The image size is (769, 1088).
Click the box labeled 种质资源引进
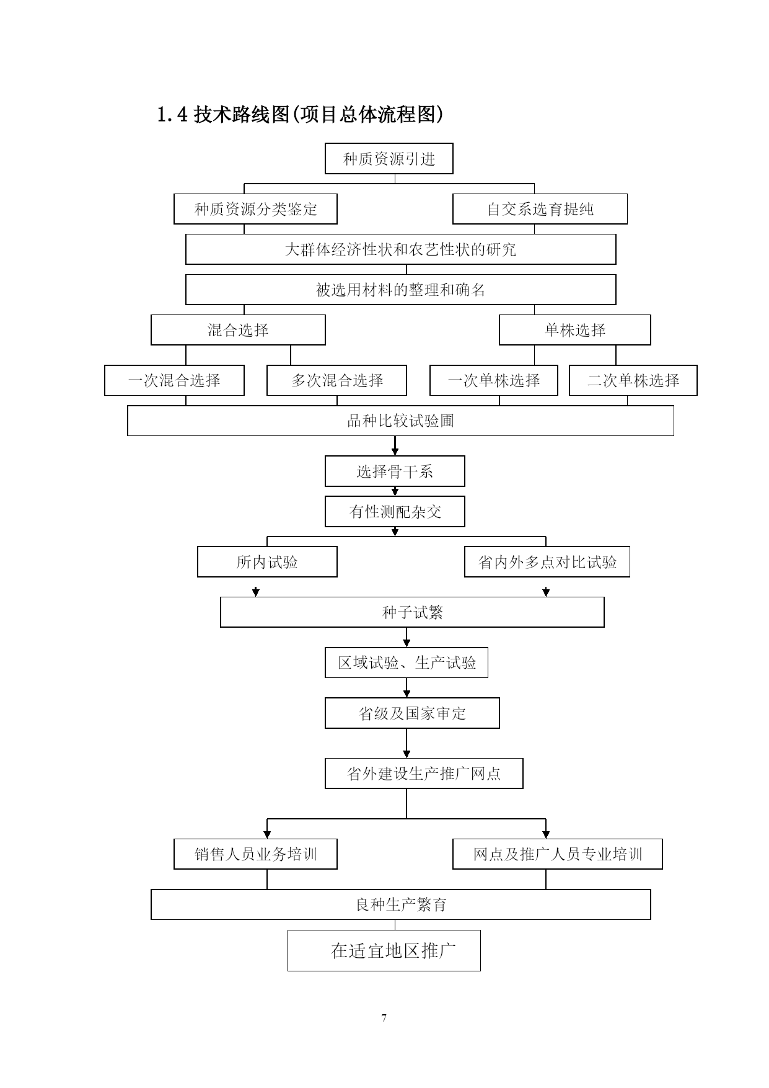(389, 159)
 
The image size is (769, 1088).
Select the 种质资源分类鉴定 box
(255, 209)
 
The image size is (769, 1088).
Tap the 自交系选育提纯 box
(540, 209)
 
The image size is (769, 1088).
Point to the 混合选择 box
(238, 330)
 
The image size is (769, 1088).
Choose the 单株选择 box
(575, 330)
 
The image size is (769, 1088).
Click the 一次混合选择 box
(174, 380)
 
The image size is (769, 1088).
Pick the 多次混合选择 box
(336, 380)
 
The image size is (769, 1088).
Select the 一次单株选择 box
(494, 380)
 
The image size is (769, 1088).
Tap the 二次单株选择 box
(633, 380)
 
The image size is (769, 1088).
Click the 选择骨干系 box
(395, 471)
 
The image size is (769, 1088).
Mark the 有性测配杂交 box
(395, 512)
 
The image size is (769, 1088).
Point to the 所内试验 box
(267, 562)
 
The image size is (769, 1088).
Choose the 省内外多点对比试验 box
(547, 562)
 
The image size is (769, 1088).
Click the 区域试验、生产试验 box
(406, 663)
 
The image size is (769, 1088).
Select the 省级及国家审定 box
(412, 713)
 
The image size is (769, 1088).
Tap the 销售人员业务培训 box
(255, 854)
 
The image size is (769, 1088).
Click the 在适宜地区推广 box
(384, 950)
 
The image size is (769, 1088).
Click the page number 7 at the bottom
(384, 1018)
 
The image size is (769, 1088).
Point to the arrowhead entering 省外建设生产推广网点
(406, 754)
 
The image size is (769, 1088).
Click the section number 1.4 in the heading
(172, 115)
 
